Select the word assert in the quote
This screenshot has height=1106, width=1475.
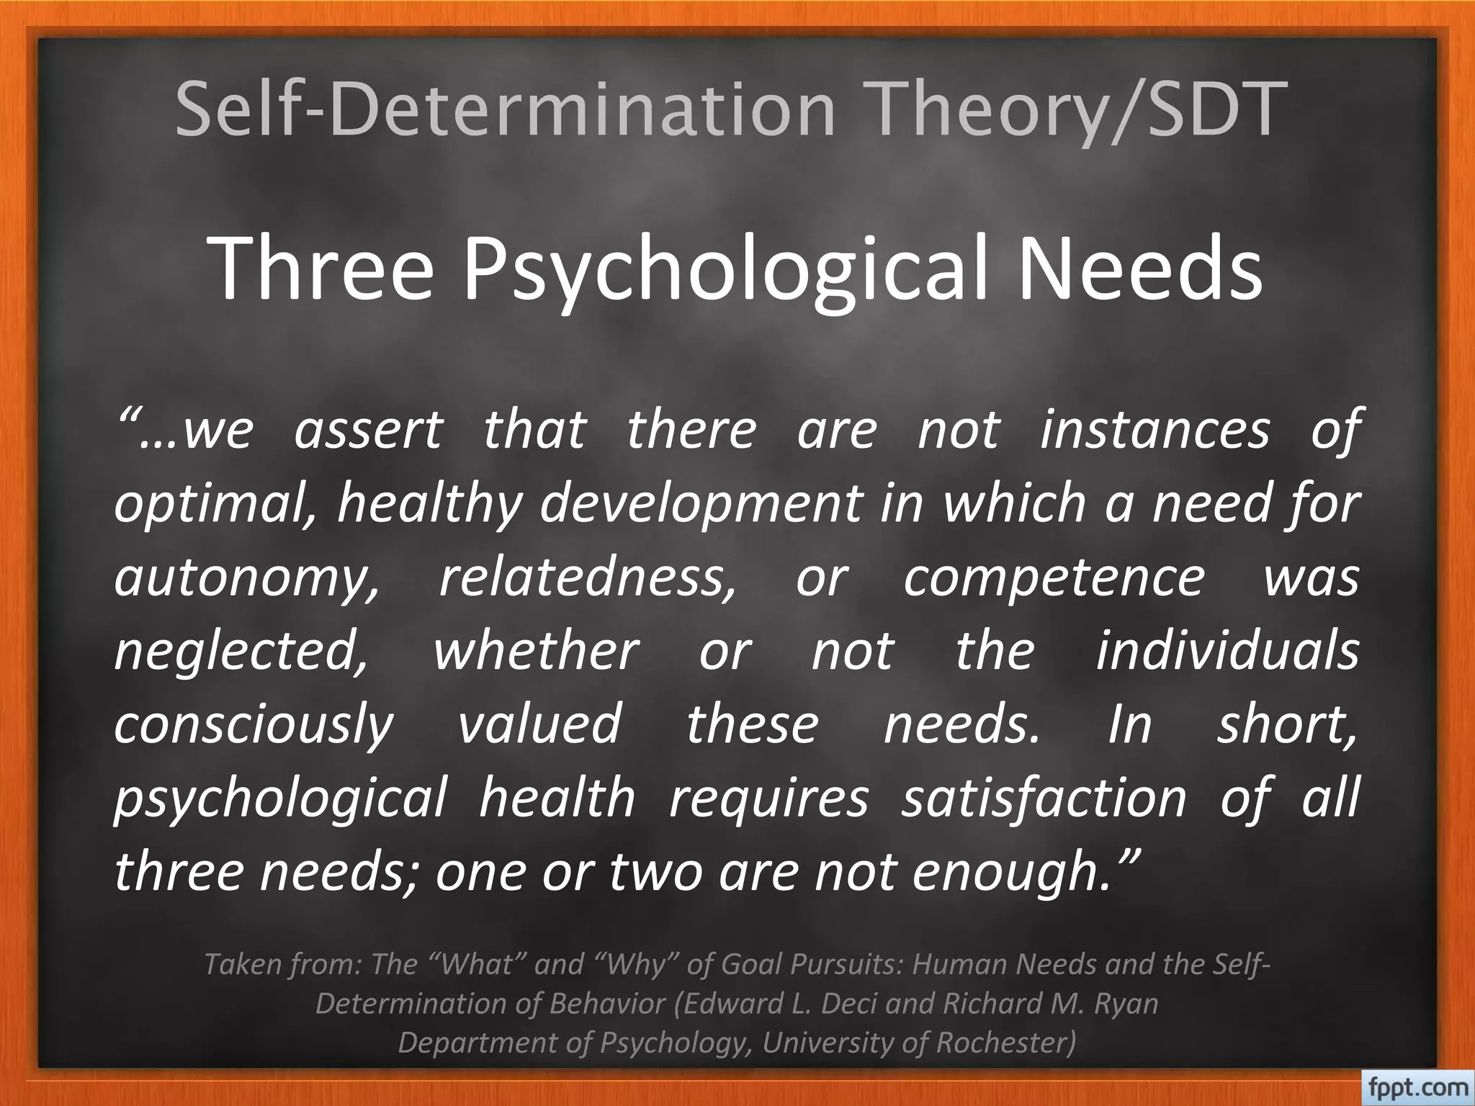pos(368,430)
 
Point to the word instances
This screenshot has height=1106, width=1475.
pos(1155,430)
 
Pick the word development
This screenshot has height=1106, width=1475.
pos(701,504)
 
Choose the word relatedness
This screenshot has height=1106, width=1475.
pos(588,578)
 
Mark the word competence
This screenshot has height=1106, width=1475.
pos(1054,578)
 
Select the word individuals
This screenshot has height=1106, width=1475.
pos(1227,652)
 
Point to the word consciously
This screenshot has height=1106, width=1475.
pos(254,725)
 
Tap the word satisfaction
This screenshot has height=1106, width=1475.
pos(1044,799)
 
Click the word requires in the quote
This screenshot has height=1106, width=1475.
pos(768,799)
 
